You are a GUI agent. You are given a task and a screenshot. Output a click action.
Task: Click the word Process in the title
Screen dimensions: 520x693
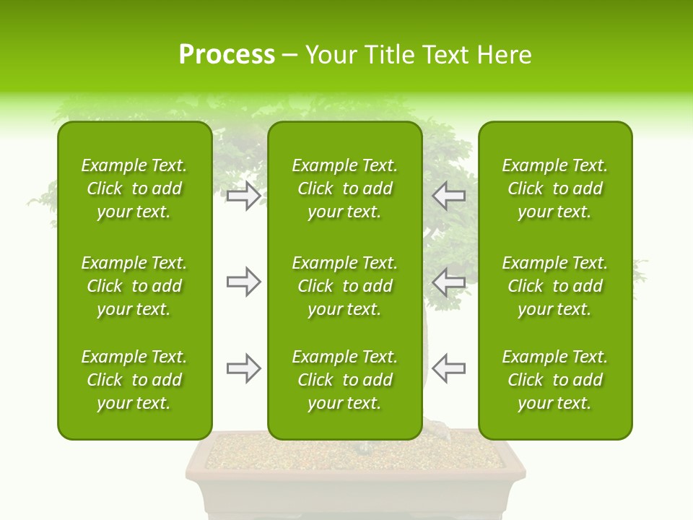click(227, 54)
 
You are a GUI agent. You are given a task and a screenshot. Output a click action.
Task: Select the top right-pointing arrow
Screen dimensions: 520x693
click(243, 196)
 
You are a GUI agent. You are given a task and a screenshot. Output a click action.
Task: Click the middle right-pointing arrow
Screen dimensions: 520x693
click(243, 282)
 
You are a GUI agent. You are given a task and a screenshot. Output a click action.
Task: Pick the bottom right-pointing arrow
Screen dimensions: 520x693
click(243, 368)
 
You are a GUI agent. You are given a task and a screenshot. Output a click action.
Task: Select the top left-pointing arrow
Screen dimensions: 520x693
click(449, 196)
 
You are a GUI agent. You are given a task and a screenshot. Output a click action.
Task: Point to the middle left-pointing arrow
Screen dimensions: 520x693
click(449, 282)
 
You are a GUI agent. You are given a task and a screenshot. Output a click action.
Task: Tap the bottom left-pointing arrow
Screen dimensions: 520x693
click(449, 368)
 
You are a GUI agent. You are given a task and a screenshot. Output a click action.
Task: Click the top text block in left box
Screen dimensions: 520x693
click(134, 188)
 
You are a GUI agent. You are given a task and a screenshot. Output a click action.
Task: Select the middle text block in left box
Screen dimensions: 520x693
click(134, 286)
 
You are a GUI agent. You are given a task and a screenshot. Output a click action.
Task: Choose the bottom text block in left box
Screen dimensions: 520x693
click(134, 380)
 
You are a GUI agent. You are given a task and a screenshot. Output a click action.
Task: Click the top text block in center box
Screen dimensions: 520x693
click(344, 188)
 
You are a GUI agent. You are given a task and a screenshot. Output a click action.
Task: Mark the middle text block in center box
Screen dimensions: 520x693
click(344, 286)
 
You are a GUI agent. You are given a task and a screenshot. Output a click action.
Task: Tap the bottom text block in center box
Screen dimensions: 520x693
click(344, 380)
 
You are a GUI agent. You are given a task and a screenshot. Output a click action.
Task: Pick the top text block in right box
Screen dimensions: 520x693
click(554, 188)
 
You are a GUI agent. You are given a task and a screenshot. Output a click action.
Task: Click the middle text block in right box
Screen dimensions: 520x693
click(554, 286)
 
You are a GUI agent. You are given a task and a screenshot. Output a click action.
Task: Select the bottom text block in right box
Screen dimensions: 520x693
click(554, 380)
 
